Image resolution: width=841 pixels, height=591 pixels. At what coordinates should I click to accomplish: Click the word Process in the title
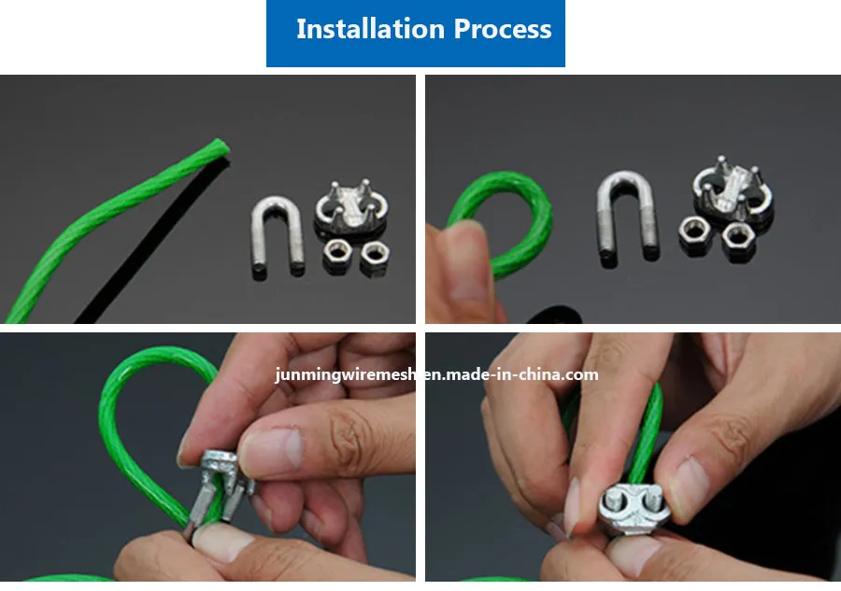click(x=503, y=29)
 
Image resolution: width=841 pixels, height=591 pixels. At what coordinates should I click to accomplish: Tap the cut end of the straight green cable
click(x=217, y=147)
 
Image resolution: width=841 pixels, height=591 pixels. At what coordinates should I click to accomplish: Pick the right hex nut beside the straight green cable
click(x=375, y=254)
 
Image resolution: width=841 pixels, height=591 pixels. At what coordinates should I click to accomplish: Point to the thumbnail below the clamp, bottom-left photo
click(x=220, y=542)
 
